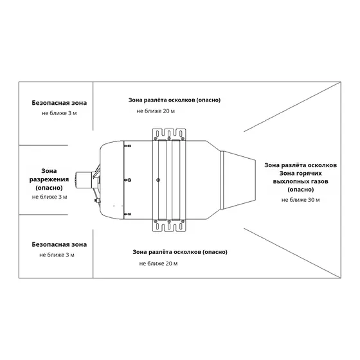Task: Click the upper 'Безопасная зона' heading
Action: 59,103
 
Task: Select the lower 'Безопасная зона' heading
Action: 59,244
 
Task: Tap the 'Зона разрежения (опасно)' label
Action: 49,179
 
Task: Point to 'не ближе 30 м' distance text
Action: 301,200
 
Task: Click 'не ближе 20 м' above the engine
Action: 156,111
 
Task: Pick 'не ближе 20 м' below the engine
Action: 158,264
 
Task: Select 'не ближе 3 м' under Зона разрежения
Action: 50,197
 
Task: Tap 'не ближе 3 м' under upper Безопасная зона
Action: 59,113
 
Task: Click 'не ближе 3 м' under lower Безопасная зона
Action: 57,255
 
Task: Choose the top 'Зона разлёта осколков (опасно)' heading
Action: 174,100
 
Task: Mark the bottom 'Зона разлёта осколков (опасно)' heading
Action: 180,252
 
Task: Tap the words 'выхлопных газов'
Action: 301,181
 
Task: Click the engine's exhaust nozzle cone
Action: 238,180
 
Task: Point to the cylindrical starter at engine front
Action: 84,180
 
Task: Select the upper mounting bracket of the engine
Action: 169,134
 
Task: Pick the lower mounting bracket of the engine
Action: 169,226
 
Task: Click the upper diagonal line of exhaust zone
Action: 292,107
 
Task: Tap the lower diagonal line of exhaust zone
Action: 292,253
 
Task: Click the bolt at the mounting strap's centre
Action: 158,180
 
